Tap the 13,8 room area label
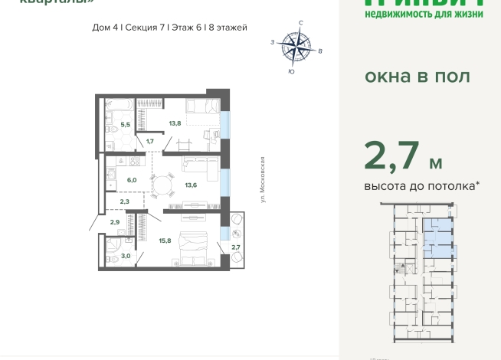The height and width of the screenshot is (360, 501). click(x=175, y=123)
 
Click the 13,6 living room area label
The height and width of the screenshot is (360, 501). click(x=190, y=184)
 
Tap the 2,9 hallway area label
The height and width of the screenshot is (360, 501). click(x=114, y=222)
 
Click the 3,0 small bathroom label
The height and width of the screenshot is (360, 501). click(x=126, y=256)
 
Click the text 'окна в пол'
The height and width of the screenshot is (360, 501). click(x=417, y=77)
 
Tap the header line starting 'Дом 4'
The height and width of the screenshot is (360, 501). click(x=169, y=28)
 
